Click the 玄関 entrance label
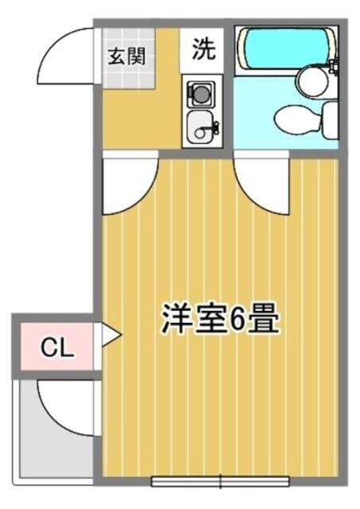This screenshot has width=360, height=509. point(126,56)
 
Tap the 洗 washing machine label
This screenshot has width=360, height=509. point(203,49)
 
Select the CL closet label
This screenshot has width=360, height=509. point(57,347)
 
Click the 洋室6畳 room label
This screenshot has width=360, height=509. point(221,318)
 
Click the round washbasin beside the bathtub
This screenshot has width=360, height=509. point(312,80)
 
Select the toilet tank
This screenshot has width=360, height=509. point(330,119)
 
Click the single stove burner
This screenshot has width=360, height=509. point(201,94)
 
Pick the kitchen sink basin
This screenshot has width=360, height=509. point(200,126)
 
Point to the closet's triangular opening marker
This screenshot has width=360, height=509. point(111,335)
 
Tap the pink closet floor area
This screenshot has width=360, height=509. point(57,347)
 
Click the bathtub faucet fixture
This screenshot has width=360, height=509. point(334,65)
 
